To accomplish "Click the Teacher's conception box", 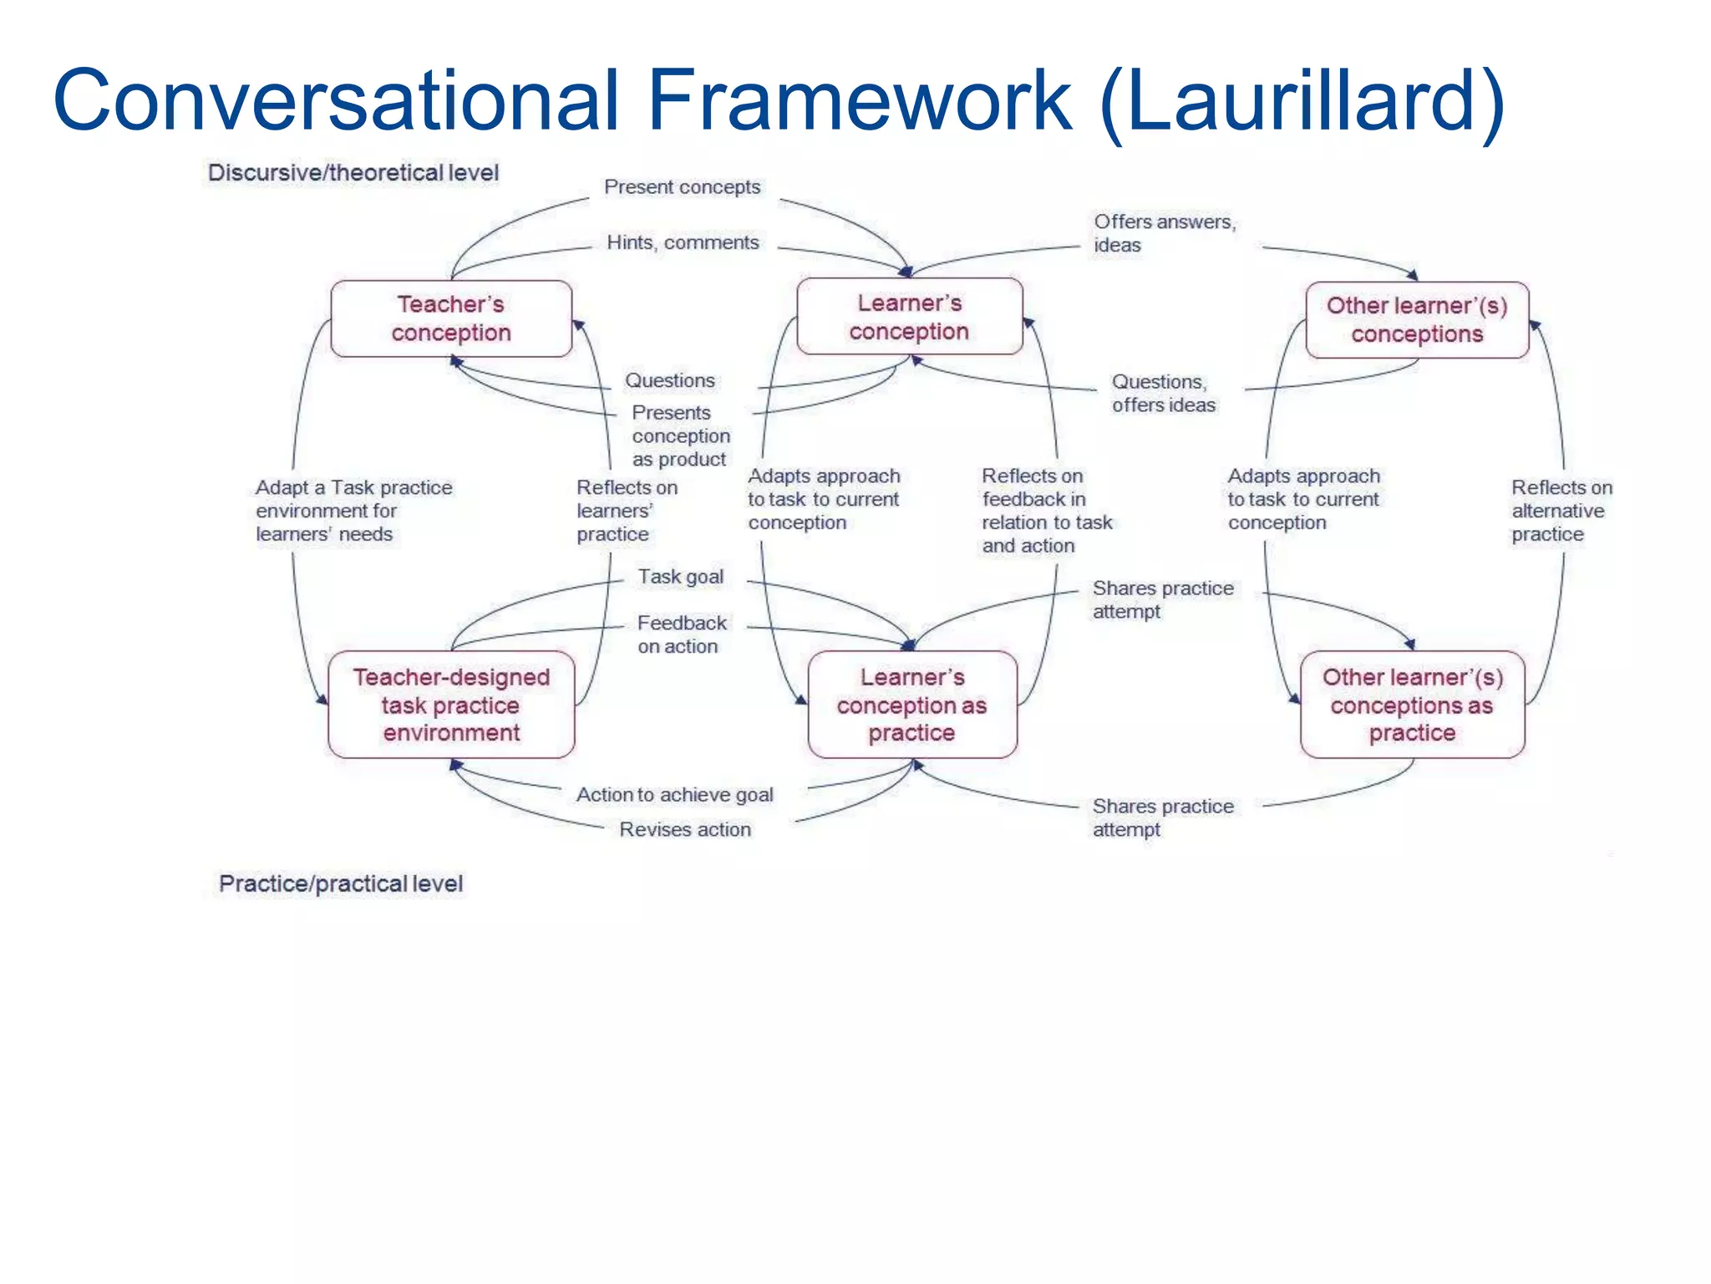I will tap(451, 318).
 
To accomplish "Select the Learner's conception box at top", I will tap(909, 317).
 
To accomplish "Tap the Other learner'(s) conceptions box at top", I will tap(1417, 319).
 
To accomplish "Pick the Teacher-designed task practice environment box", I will tap(451, 705).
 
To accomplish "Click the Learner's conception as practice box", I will tap(912, 705).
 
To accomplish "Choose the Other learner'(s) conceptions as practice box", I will tap(1412, 705).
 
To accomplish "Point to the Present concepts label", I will tap(682, 187).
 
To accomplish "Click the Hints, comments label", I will tap(683, 242).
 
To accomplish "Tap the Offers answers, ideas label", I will tap(1164, 233).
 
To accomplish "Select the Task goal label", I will tap(681, 577).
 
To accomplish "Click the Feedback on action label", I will tap(681, 634).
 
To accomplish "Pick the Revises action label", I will tap(685, 829).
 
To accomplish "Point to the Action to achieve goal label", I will tap(675, 795).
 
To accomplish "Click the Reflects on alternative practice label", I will tap(1561, 511).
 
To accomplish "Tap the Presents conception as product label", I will tap(680, 436).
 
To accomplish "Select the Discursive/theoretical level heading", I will tap(353, 173).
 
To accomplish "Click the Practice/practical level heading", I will tap(341, 884).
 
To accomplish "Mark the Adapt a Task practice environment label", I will tap(353, 511).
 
